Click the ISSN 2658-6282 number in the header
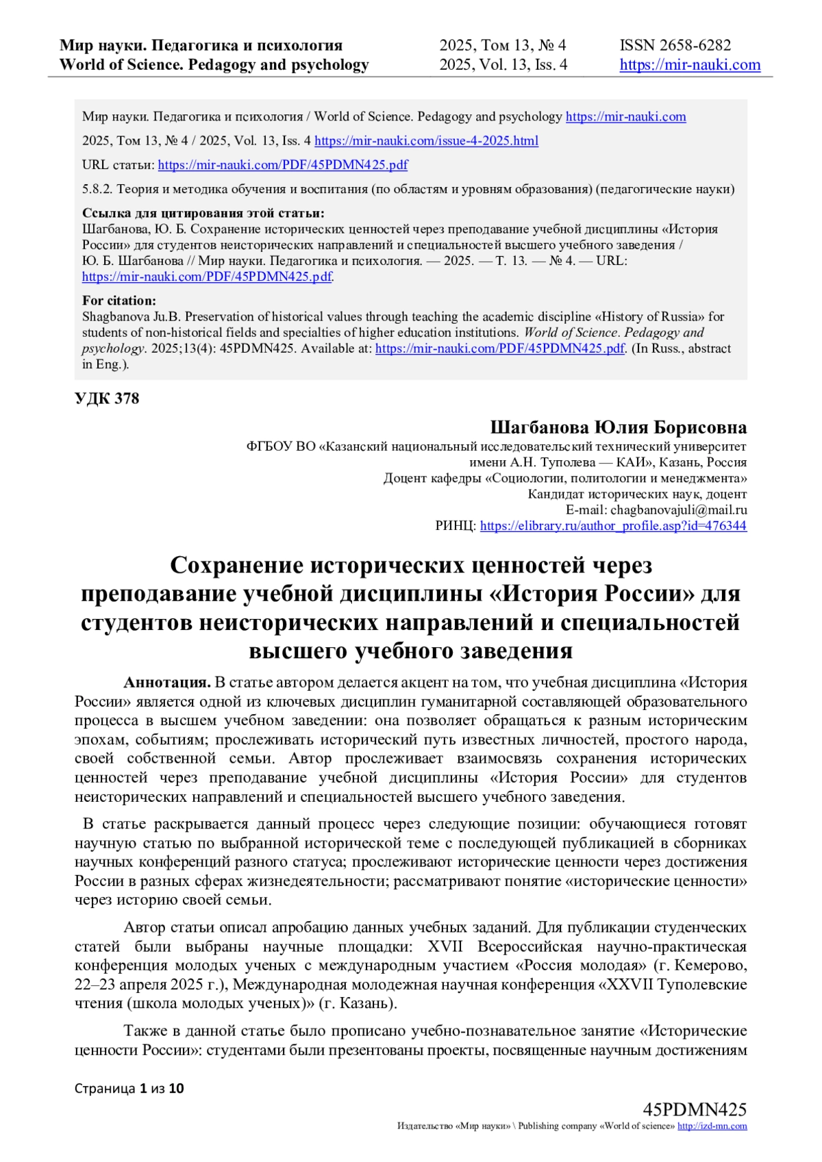(675, 45)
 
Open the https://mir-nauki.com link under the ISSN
(690, 65)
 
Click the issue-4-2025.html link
(426, 141)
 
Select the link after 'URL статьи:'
(283, 165)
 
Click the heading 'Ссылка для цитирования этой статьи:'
(203, 213)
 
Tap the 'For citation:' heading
(119, 301)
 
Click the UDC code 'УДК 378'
(107, 399)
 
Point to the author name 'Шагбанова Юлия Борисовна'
(618, 428)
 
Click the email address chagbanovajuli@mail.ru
(679, 510)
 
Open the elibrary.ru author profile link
(613, 526)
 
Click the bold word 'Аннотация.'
(167, 683)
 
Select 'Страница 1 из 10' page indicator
(129, 1089)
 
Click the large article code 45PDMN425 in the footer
(695, 1110)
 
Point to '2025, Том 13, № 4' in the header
(503, 45)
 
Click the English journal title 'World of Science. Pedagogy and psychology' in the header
(214, 65)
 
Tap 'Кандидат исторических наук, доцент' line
(637, 494)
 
